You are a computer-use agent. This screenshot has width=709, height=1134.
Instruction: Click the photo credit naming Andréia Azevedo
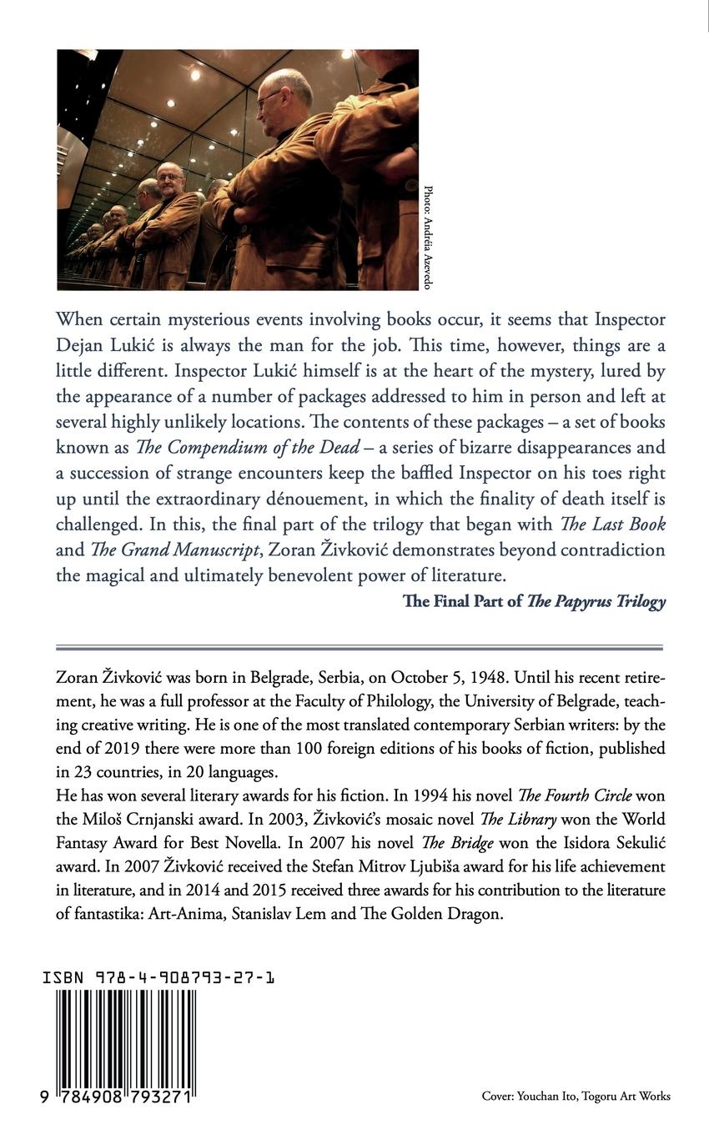(428, 237)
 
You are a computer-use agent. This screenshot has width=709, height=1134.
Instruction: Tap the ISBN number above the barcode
(159, 976)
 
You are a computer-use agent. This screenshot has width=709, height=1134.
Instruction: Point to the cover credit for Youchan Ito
(576, 1096)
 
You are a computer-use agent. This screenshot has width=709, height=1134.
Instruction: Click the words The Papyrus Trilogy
(596, 601)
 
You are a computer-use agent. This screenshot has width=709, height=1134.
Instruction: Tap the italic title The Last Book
(613, 524)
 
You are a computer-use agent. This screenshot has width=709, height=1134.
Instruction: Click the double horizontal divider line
(360, 647)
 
